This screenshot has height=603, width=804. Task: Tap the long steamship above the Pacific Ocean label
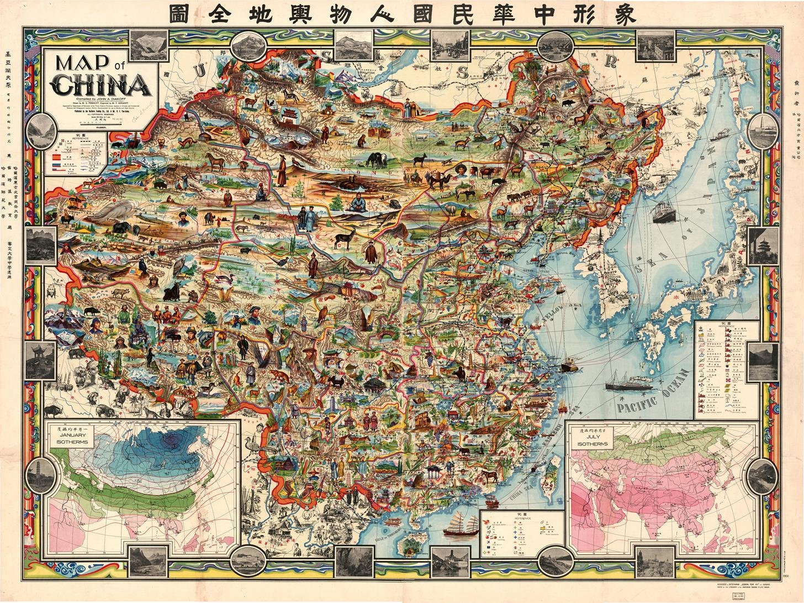pos(626,385)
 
